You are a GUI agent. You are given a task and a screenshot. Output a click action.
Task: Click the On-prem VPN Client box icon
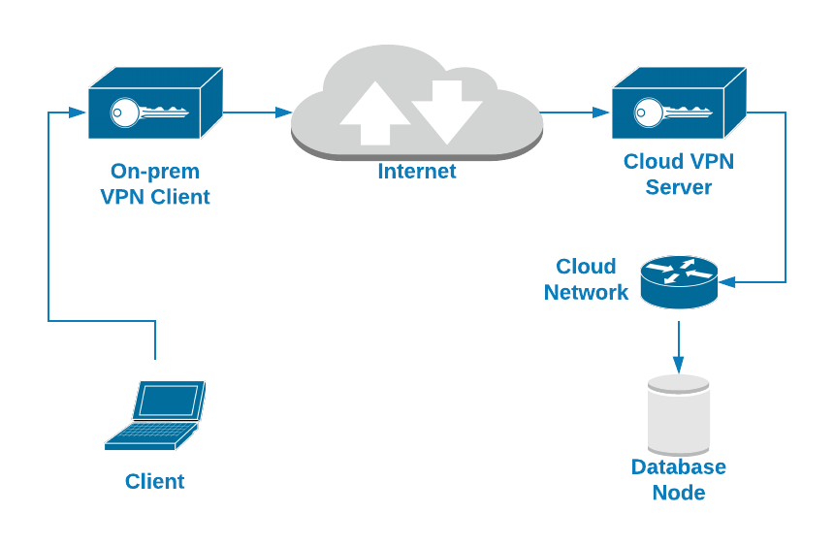[155, 105]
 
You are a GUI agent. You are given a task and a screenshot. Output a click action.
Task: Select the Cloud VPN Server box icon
[679, 105]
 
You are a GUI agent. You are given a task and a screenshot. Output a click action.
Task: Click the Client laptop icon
[155, 415]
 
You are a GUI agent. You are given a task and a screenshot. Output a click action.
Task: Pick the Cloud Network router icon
[679, 281]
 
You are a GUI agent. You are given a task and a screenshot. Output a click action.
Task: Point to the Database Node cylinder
[679, 415]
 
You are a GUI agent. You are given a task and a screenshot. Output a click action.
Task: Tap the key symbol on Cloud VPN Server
[670, 112]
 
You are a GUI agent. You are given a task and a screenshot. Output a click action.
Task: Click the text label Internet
[417, 172]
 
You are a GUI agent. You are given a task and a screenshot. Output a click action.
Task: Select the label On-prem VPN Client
[155, 184]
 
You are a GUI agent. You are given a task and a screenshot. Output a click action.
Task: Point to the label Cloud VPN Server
[679, 175]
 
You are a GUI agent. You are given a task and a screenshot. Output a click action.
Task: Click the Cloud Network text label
[586, 279]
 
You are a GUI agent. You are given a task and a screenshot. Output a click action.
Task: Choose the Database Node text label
[679, 479]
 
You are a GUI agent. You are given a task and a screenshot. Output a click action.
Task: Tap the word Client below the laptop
[155, 481]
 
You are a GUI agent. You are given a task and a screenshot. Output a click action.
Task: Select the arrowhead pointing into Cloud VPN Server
[602, 112]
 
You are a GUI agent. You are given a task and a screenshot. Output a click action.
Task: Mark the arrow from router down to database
[679, 345]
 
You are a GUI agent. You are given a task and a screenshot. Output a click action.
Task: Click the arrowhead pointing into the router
[726, 282]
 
